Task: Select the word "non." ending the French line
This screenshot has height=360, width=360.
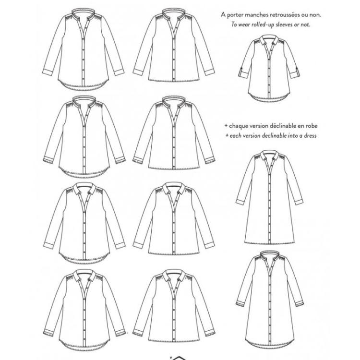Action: click(315, 15)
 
